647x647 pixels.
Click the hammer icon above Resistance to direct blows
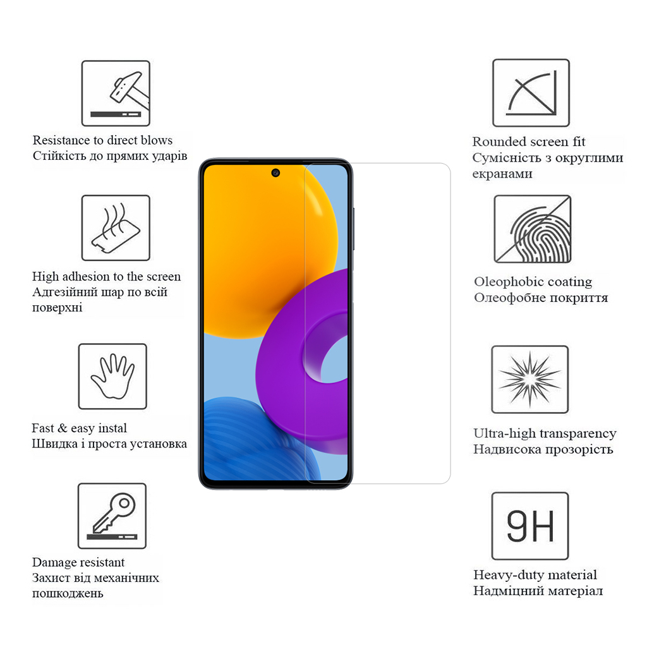116,93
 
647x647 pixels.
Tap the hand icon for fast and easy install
112,376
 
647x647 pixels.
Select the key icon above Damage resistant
112,516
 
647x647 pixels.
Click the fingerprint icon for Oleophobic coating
532,229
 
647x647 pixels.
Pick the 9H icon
530,526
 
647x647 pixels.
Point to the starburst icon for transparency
530,379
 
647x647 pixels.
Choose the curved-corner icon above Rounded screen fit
531,93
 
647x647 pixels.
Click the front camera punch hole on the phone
276,172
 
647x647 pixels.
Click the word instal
111,428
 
